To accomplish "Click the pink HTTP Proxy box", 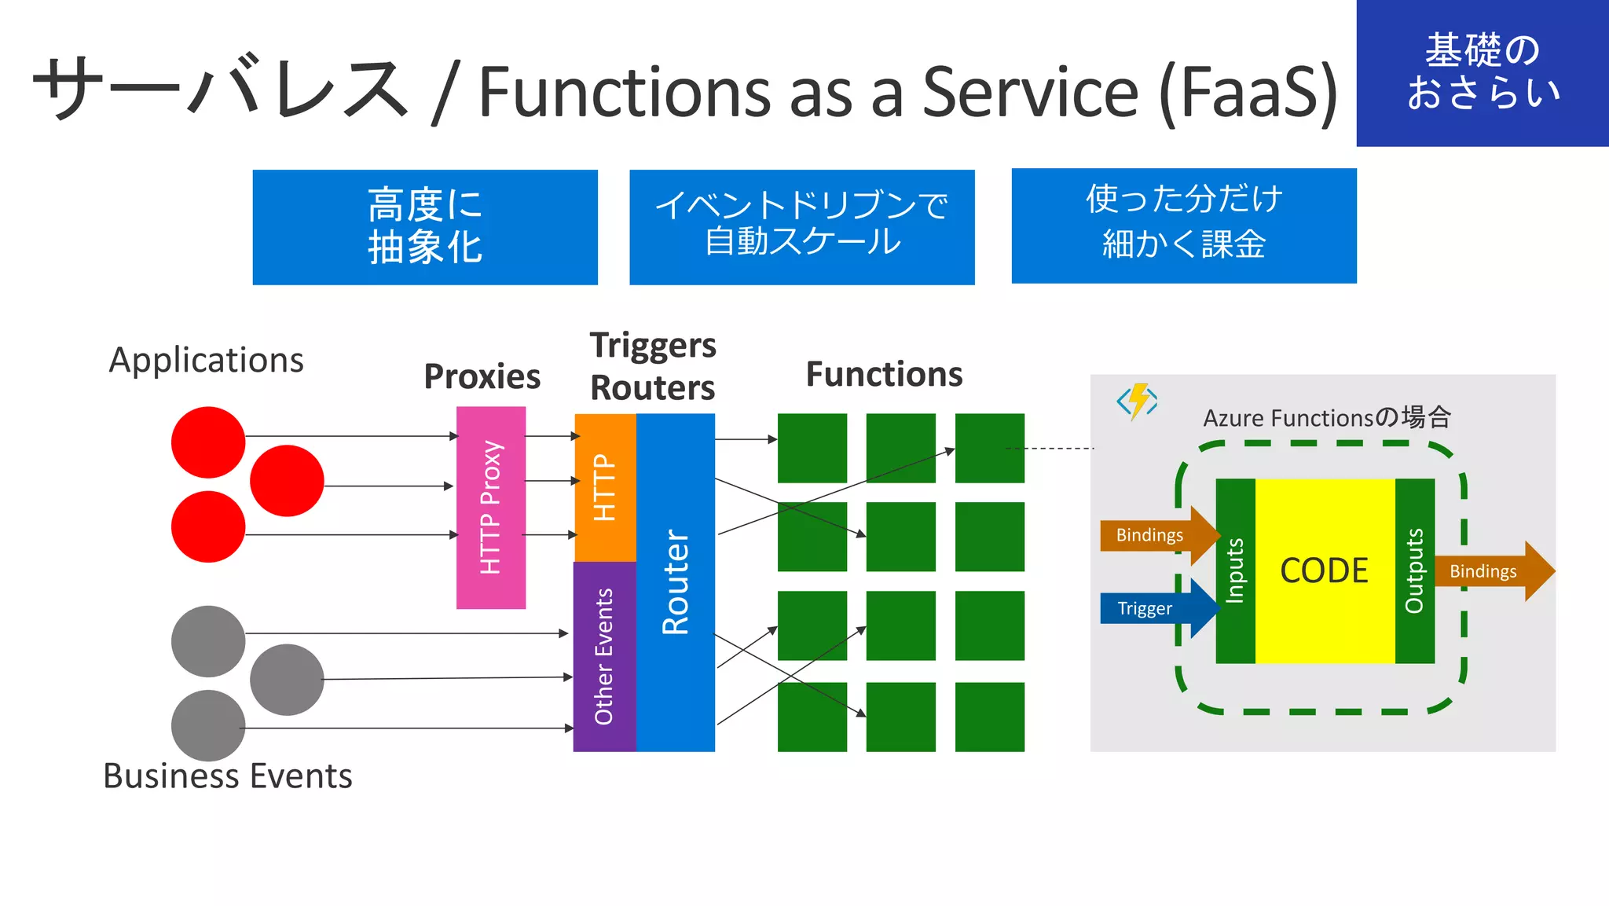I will coord(490,507).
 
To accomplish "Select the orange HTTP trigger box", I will coord(604,487).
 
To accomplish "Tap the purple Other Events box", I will coord(603,656).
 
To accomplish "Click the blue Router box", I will coord(675,581).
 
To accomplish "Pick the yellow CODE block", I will coord(1325,570).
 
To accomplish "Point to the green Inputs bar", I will coord(1235,570).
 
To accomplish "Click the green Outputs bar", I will coord(1414,570).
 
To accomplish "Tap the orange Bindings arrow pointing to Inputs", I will coord(1155,535).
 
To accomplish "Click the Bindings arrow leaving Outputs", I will coord(1489,571).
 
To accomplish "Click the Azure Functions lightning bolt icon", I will coord(1137,402).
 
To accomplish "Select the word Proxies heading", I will coord(482,376).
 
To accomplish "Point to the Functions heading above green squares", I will coord(884,374).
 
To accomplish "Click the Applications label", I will coord(206,360).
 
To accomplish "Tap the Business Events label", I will coord(227,776).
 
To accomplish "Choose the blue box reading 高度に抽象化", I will coord(425,227).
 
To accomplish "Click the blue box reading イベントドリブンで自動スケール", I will coord(801,227).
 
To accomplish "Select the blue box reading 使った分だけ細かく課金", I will coord(1183,226).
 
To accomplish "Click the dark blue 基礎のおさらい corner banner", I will coord(1482,72).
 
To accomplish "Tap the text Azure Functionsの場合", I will coord(1326,417).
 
